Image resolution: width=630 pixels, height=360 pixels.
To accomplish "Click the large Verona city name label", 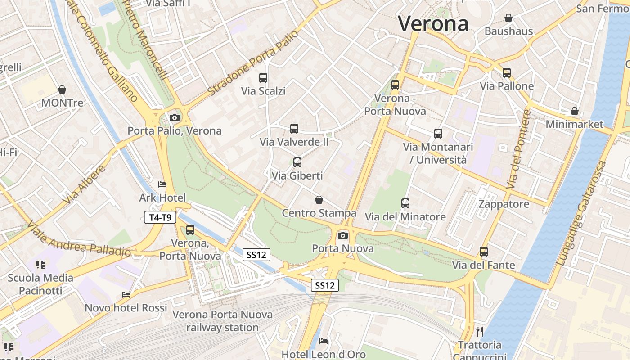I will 433,23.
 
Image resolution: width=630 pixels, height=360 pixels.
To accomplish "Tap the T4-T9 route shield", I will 160,218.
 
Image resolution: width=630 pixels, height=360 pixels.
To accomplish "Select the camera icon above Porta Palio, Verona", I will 175,118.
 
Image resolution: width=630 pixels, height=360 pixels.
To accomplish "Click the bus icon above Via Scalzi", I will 263,78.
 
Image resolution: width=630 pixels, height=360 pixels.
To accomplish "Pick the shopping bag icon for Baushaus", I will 508,18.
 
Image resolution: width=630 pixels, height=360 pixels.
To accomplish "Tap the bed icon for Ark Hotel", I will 162,184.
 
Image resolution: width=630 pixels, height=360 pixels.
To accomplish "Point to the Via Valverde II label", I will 294,142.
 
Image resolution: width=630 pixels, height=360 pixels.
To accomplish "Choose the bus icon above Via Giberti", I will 297,162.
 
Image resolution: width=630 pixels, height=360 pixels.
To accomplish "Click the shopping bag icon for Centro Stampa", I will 319,200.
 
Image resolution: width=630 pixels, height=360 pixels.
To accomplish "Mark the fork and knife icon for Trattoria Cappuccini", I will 480,332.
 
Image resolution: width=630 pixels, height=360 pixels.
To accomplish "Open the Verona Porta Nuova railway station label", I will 223,321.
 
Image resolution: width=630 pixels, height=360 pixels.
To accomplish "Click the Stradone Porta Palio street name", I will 253,63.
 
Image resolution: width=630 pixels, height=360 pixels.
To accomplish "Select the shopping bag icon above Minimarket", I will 575,111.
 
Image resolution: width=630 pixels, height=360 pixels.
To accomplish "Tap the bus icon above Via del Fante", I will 484,252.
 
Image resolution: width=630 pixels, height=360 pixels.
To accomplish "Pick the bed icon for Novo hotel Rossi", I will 126,295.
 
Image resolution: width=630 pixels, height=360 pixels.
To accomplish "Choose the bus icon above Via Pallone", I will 507,73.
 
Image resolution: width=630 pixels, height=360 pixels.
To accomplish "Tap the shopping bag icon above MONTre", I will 62,90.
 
